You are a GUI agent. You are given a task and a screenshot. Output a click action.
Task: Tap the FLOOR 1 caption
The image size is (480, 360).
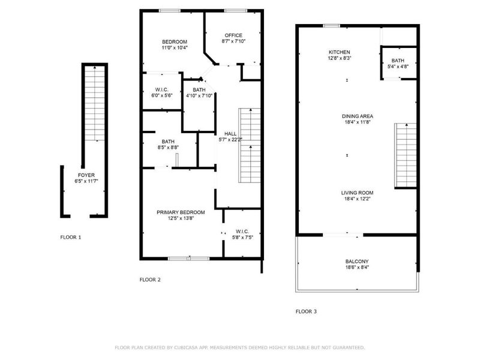pyautogui.click(x=71, y=237)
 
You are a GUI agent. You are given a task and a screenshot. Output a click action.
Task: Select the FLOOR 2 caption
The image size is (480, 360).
pyautogui.click(x=150, y=280)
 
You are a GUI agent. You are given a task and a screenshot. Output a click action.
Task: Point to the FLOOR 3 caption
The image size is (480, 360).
pyautogui.click(x=306, y=311)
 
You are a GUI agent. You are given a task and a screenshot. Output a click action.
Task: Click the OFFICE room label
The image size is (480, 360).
pyautogui.click(x=233, y=35)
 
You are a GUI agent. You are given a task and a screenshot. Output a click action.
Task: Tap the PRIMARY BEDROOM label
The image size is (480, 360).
pyautogui.click(x=181, y=212)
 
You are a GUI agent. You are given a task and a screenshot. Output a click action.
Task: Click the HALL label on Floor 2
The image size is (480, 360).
pyautogui.click(x=230, y=134)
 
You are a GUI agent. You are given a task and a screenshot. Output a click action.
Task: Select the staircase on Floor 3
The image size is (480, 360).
pyautogui.click(x=405, y=154)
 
